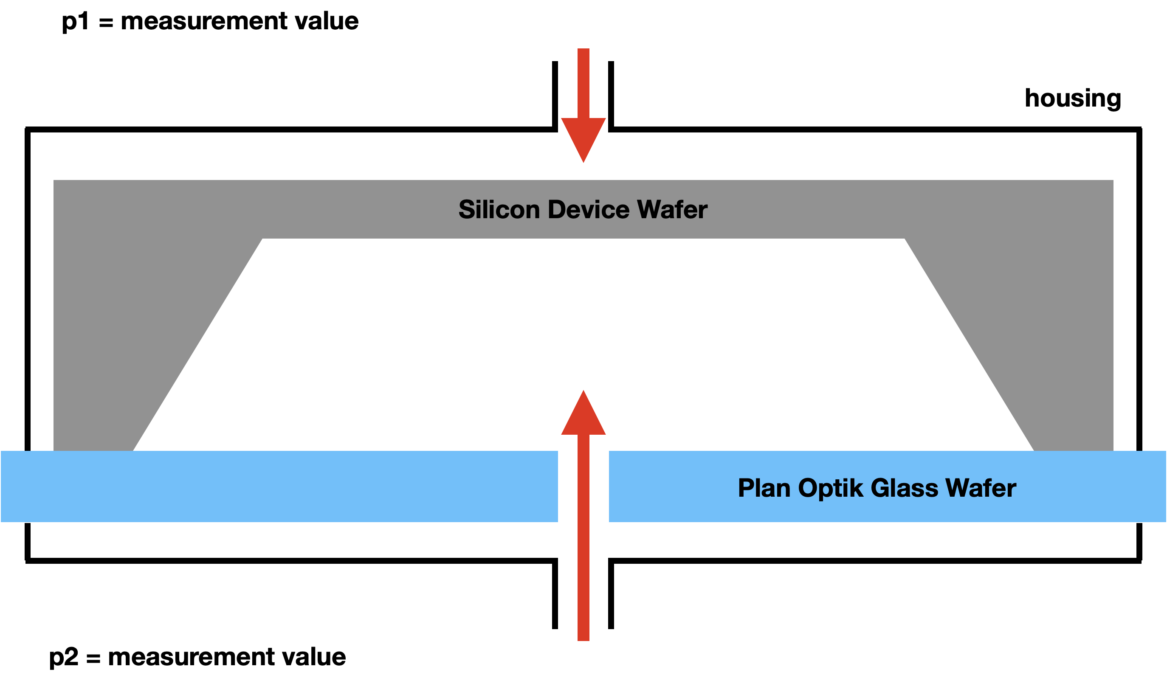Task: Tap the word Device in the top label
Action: coord(588,210)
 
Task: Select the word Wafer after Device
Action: coord(672,210)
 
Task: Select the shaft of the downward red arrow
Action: coord(583,83)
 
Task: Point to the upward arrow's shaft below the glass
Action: coord(583,588)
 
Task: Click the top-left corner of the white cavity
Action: coord(263,239)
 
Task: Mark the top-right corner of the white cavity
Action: coord(904,239)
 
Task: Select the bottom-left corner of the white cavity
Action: coord(134,450)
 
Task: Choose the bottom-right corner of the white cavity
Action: coord(1034,450)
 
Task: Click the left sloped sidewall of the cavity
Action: coord(198,345)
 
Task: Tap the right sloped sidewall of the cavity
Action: coord(969,345)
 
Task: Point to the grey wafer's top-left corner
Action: coord(54,180)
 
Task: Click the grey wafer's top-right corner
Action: coord(1112,180)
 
